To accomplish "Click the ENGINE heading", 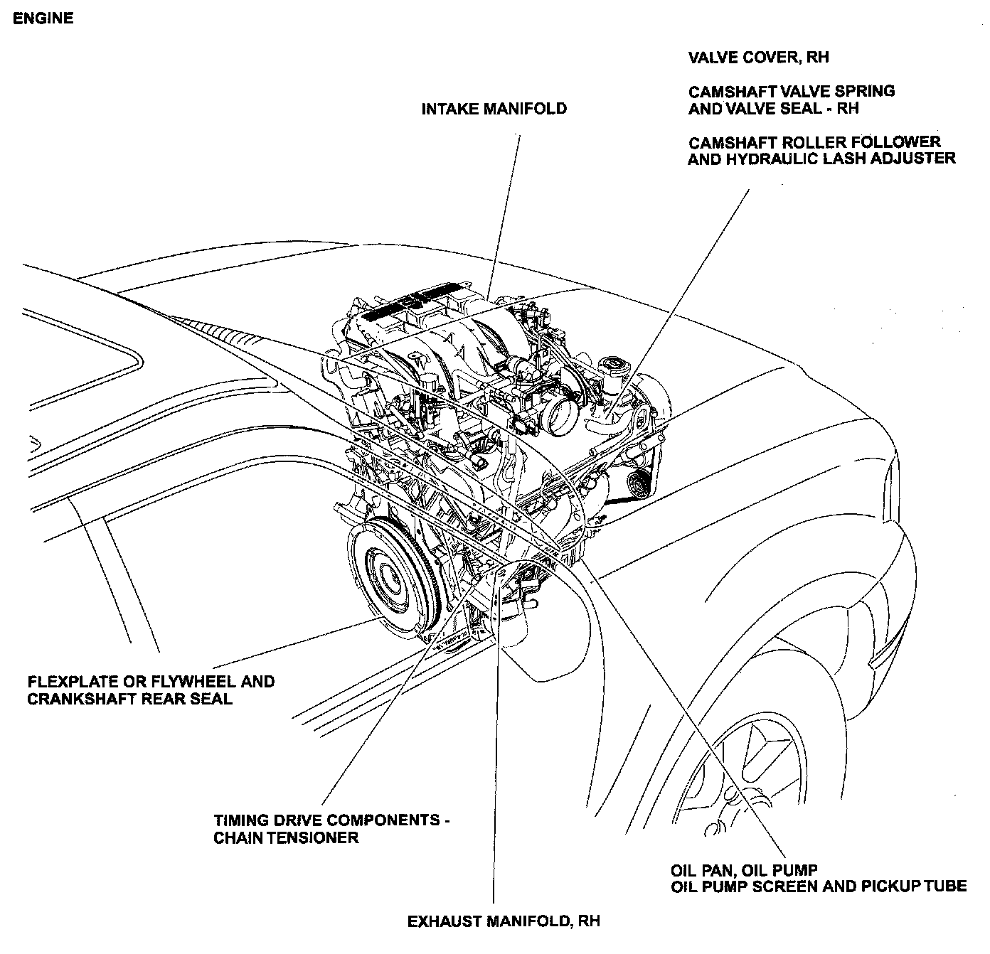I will pyautogui.click(x=43, y=18).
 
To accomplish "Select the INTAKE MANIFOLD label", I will pyautogui.click(x=494, y=109).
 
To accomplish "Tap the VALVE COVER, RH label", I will pyautogui.click(x=758, y=58).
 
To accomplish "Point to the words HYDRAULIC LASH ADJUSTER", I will pyautogui.click(x=841, y=159).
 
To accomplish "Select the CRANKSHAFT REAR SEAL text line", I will pyautogui.click(x=129, y=699).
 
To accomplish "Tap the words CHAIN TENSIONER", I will pyautogui.click(x=286, y=837).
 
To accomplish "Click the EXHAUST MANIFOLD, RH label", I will pyautogui.click(x=504, y=921).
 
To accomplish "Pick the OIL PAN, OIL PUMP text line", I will pyautogui.click(x=744, y=869).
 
